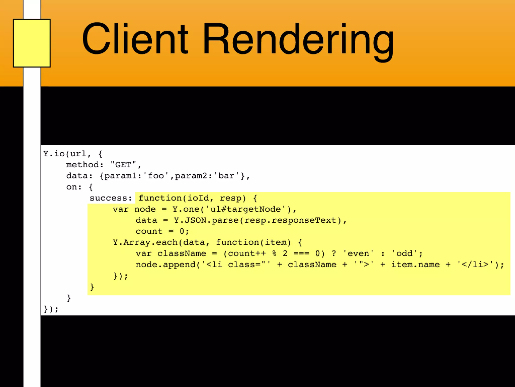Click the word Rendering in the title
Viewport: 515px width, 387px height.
[298, 40]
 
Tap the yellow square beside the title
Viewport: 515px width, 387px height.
[32, 43]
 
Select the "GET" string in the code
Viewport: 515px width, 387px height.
[123, 165]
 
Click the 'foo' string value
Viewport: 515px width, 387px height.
[156, 176]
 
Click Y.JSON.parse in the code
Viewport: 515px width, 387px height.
[206, 220]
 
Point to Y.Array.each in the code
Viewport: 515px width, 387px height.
[145, 242]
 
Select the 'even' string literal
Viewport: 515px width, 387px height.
[358, 253]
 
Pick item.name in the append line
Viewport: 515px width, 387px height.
[415, 265]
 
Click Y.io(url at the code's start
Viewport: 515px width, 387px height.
[65, 154]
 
